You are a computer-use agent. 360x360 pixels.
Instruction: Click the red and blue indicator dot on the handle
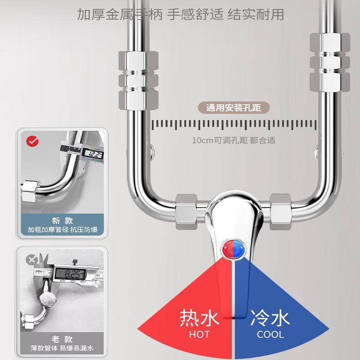(x=234, y=248)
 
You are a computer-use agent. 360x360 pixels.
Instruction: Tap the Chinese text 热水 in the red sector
(x=199, y=318)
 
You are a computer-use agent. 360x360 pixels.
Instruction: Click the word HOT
(x=199, y=334)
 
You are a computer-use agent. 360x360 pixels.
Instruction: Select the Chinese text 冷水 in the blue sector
(x=270, y=318)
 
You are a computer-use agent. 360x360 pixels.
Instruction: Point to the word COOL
(x=270, y=334)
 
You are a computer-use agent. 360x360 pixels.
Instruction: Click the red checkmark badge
(x=33, y=142)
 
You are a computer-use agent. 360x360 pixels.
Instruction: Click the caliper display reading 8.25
(x=70, y=275)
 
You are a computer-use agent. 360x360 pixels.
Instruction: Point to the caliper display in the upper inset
(x=92, y=153)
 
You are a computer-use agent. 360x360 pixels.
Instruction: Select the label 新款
(x=62, y=221)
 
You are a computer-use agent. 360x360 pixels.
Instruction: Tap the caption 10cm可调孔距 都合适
(x=234, y=141)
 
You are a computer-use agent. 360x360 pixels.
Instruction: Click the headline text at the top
(x=180, y=14)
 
